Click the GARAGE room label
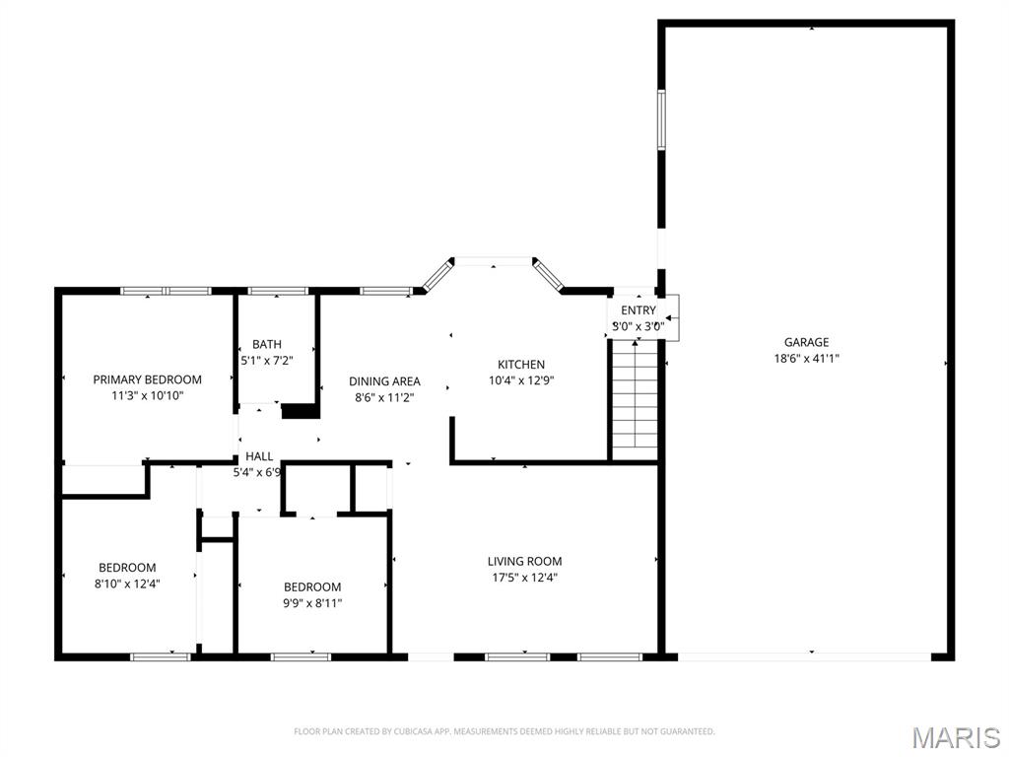[x=806, y=343]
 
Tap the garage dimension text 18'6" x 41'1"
[x=806, y=359]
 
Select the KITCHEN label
[x=520, y=365]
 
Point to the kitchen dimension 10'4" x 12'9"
[x=520, y=380]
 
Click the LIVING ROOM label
[x=524, y=562]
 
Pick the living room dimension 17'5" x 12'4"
[x=524, y=578]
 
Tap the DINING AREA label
[x=384, y=381]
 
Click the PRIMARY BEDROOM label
[x=147, y=379]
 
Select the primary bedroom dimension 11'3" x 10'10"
[x=147, y=395]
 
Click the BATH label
[x=266, y=345]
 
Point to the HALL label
[x=259, y=456]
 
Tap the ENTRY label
[x=638, y=310]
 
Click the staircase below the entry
[x=634, y=394]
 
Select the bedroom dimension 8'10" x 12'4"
[x=127, y=584]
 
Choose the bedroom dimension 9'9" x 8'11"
[x=312, y=603]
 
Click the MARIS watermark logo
[x=955, y=737]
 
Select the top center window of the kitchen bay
[x=493, y=261]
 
